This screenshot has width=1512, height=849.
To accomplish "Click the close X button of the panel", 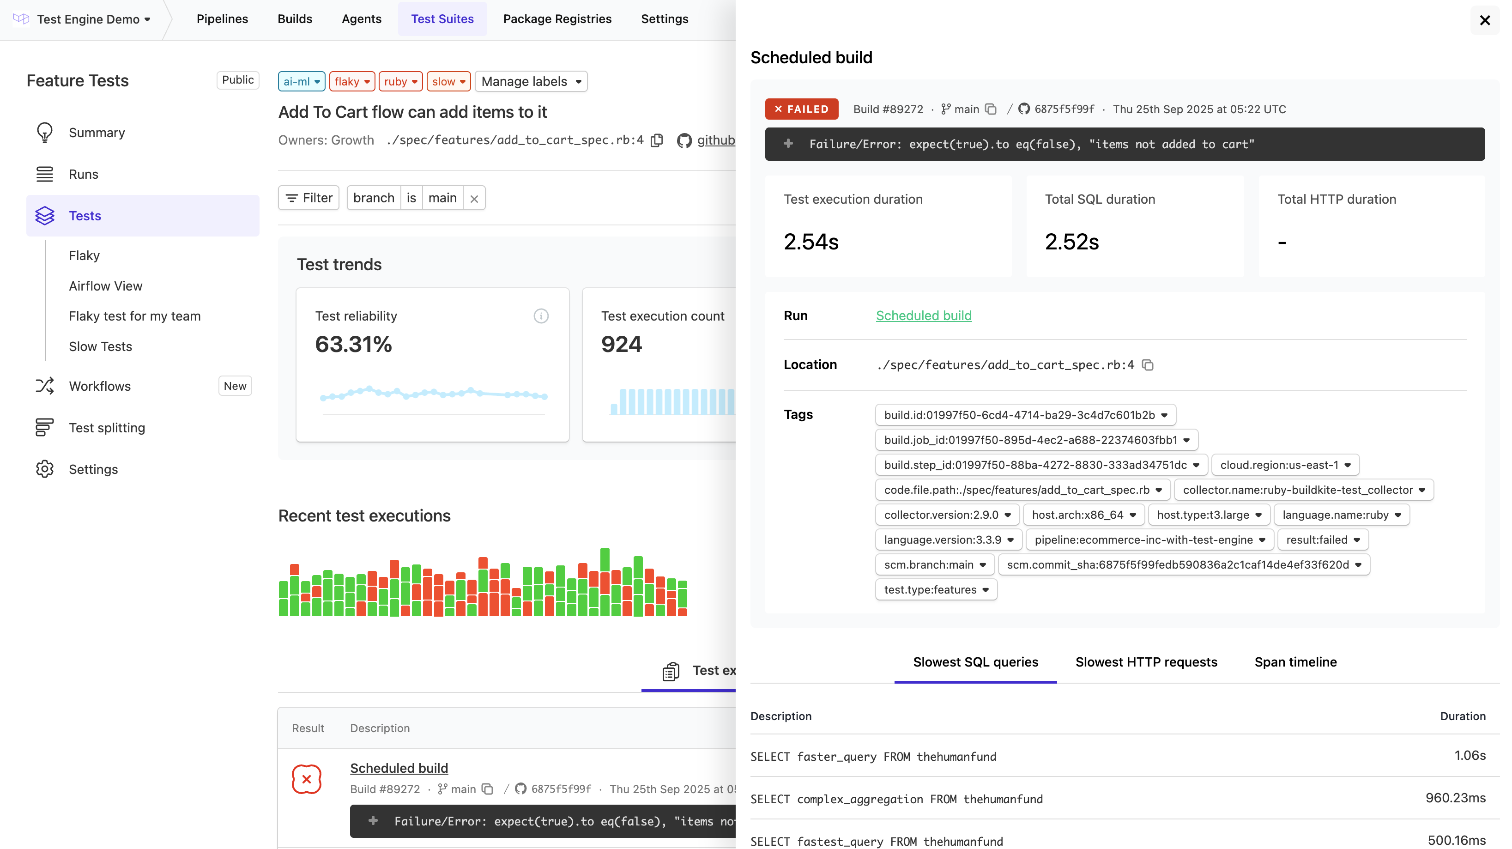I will pyautogui.click(x=1484, y=20).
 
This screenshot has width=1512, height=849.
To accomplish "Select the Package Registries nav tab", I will pyautogui.click(x=557, y=19).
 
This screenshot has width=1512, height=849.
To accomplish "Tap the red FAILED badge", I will pyautogui.click(x=801, y=109).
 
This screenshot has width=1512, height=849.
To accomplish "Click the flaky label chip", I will pyautogui.click(x=351, y=82).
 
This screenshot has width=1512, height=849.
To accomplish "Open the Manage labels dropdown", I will pyautogui.click(x=531, y=82).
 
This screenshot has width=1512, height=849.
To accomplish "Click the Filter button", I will pyautogui.click(x=309, y=198).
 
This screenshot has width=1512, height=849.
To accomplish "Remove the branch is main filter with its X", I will pyautogui.click(x=474, y=199).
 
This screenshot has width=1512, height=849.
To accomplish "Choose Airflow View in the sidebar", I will pyautogui.click(x=106, y=286).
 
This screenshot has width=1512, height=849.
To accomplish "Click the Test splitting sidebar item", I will pyautogui.click(x=107, y=427).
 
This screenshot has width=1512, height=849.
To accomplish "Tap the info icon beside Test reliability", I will pyautogui.click(x=541, y=316).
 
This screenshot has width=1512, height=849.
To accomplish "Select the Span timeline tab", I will pyautogui.click(x=1295, y=662).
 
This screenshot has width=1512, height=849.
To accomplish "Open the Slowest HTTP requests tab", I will pyautogui.click(x=1146, y=662).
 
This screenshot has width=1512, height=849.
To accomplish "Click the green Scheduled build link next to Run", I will pyautogui.click(x=923, y=315).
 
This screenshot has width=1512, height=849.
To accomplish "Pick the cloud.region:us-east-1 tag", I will pyautogui.click(x=1285, y=465).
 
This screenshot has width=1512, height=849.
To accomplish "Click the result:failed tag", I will pyautogui.click(x=1322, y=540).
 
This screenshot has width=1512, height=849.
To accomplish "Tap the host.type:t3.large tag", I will pyautogui.click(x=1209, y=515).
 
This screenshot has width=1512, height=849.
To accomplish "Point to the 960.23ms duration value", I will pyautogui.click(x=1455, y=798).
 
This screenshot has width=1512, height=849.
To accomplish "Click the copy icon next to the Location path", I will pyautogui.click(x=1148, y=365).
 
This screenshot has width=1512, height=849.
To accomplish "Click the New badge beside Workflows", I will pyautogui.click(x=235, y=386).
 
